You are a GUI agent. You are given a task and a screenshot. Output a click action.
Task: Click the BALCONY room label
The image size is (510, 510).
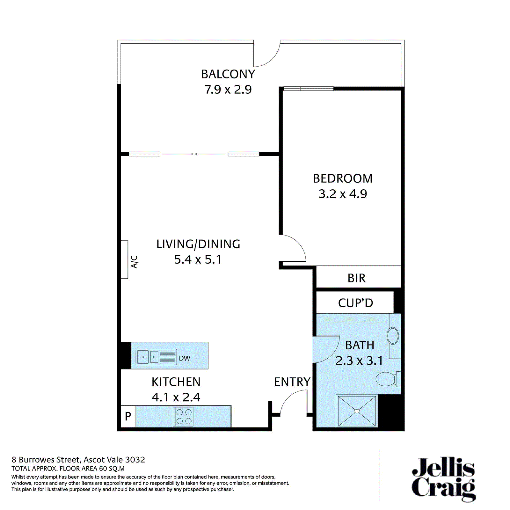[x=228, y=74]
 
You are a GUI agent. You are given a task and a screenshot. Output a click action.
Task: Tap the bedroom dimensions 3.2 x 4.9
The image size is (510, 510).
[x=343, y=194]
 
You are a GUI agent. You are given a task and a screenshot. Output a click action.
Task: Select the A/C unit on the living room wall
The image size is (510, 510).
[x=125, y=259]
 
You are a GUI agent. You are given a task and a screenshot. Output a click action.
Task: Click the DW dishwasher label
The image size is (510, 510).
[x=184, y=358]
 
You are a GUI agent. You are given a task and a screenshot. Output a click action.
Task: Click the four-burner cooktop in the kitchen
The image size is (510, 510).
[x=183, y=417]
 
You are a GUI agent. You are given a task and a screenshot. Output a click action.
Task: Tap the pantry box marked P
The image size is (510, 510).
[x=128, y=416]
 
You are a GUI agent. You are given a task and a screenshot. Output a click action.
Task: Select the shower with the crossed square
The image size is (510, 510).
[x=357, y=411]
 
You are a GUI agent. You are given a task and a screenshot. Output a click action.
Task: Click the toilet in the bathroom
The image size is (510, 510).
[x=387, y=379]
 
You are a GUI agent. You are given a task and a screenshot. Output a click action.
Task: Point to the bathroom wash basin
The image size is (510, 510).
[x=393, y=336]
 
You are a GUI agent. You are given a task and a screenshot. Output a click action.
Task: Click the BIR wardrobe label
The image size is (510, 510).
[x=356, y=278]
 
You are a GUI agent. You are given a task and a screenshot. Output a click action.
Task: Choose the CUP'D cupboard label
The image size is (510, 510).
[x=355, y=303]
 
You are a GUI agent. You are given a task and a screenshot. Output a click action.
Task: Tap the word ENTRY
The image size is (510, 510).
[x=292, y=382]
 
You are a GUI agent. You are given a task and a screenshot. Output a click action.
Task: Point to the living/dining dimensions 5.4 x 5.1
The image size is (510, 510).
[x=198, y=259]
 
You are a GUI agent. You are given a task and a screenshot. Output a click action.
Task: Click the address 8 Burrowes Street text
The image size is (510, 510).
[x=78, y=460]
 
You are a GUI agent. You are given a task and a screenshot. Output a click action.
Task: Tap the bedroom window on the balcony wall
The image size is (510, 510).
[x=308, y=89]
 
